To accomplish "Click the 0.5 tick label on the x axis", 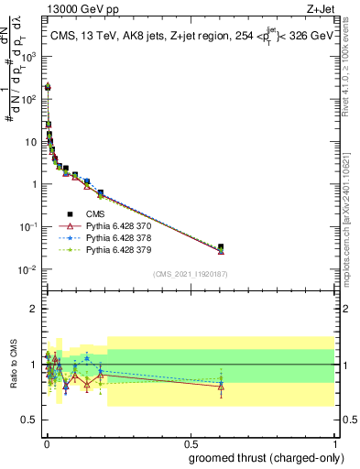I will [189, 442].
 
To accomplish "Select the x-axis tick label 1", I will [333, 442].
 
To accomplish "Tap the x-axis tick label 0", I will [46, 442].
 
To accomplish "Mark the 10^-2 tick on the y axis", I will [30, 269].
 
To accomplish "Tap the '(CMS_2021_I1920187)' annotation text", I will [190, 274].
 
